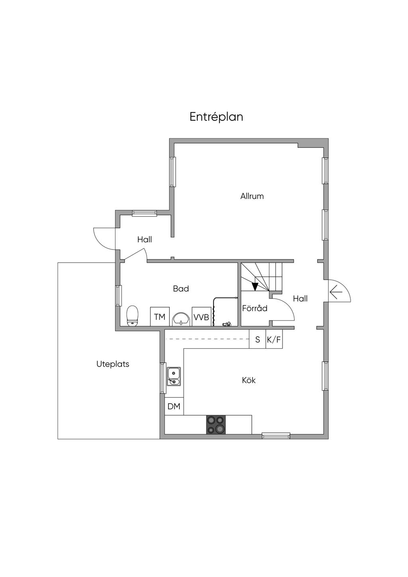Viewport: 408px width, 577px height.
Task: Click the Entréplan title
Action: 216,117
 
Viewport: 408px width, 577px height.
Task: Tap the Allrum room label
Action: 252,196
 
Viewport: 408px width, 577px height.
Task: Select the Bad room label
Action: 181,289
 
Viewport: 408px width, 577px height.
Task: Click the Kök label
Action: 249,380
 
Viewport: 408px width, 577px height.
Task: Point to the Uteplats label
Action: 113,364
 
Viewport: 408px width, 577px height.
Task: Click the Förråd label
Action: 255,308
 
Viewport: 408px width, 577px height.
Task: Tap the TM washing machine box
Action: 160,316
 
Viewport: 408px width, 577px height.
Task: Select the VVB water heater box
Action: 202,316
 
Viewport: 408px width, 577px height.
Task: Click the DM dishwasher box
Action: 174,406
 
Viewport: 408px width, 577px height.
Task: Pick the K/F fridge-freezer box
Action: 274,340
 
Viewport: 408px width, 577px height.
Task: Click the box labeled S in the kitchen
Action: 257,340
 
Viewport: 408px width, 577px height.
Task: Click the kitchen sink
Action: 174,376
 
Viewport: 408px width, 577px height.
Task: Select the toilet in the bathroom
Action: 133,316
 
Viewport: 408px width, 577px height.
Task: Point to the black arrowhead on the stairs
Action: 255,287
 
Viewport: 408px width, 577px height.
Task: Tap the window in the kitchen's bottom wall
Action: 276,436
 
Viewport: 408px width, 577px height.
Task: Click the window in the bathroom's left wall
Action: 118,295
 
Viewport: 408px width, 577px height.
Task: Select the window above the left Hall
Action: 145,213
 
